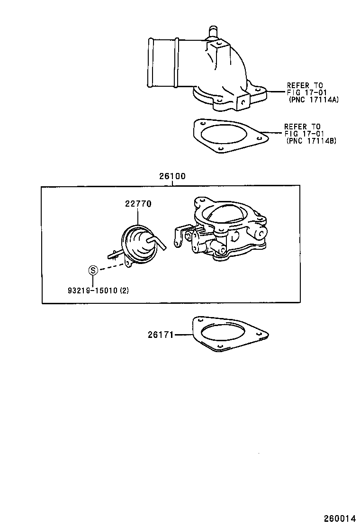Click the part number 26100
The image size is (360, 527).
point(171,176)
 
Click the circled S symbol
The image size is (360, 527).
point(93,271)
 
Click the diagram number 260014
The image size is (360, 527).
point(339,518)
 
